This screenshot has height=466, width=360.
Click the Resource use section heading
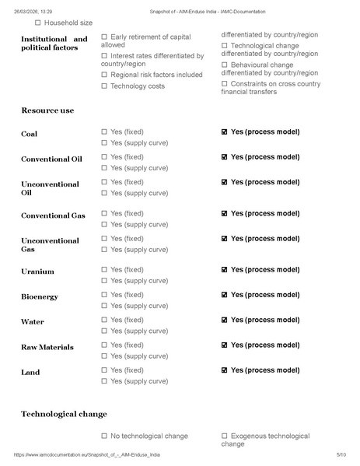[47, 110]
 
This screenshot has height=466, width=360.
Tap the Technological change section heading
[64, 414]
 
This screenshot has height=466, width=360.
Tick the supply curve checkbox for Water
[104, 331]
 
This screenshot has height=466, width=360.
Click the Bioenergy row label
[40, 296]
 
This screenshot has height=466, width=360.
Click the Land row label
[30, 373]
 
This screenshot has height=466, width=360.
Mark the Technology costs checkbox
[104, 86]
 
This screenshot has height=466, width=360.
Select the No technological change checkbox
[104, 436]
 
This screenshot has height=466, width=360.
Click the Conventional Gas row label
[53, 215]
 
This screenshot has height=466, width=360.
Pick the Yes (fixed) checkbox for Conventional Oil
[104, 156]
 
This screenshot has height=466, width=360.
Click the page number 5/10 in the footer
[341, 454]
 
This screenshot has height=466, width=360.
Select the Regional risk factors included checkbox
[104, 75]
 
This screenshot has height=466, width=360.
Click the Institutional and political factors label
[54, 44]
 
